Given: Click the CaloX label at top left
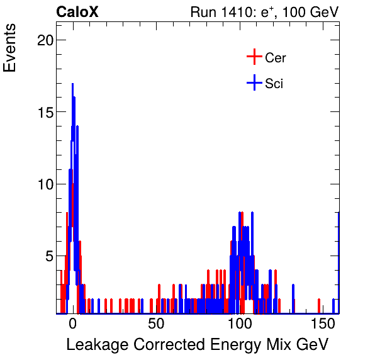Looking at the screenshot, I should click(x=77, y=12).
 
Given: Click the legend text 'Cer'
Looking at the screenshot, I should click(x=276, y=58).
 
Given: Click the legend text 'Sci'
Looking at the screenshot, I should click(x=274, y=83).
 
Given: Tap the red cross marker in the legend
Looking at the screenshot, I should click(x=254, y=57).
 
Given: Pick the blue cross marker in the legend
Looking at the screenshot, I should click(x=254, y=82).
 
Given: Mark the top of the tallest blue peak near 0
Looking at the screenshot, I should click(x=72, y=84).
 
